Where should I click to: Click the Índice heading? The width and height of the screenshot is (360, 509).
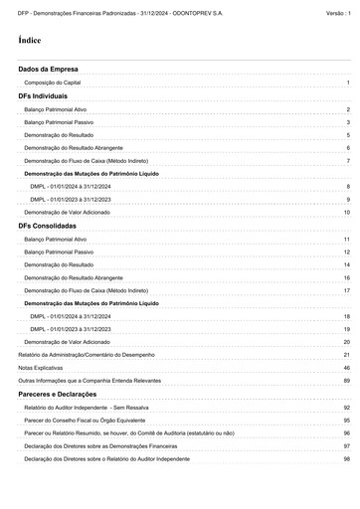click(30, 41)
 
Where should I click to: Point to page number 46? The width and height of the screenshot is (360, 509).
click(346, 368)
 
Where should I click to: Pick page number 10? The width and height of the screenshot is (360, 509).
click(346, 213)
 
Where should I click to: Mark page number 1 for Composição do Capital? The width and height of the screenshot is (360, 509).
click(348, 84)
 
